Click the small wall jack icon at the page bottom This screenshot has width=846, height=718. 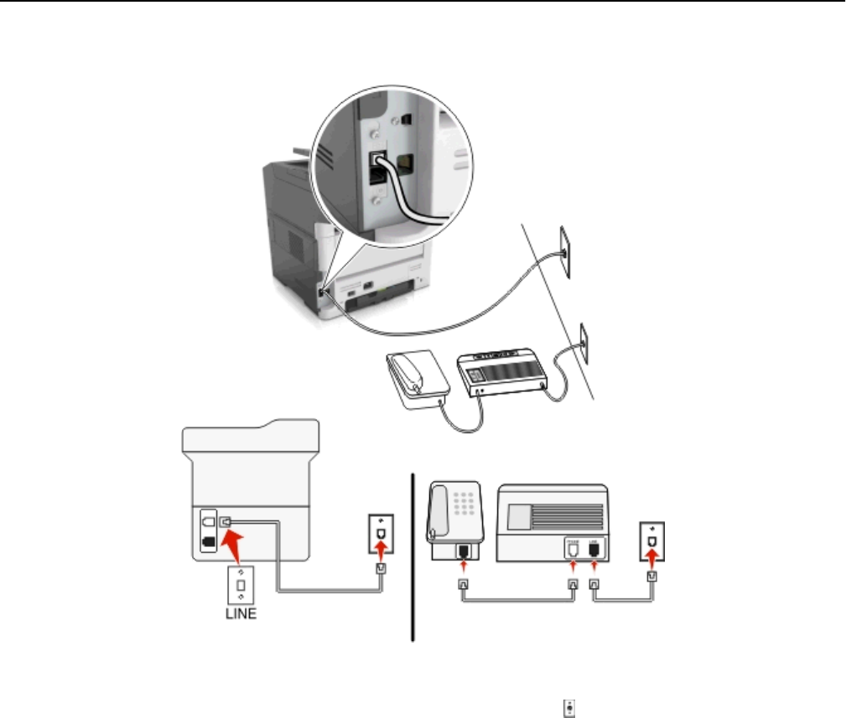571,684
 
